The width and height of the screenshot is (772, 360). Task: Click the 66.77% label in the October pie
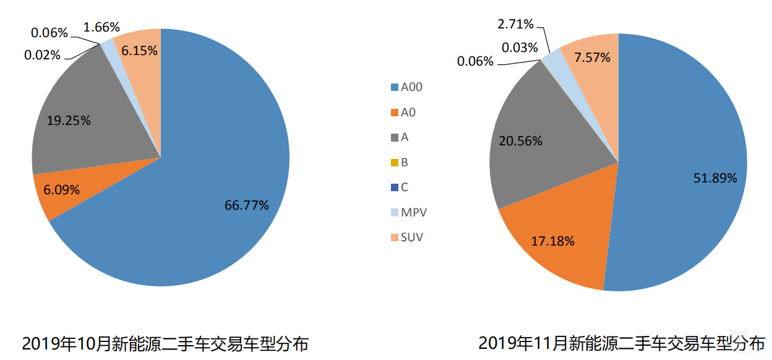(246, 205)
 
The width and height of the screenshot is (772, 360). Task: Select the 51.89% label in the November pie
(715, 178)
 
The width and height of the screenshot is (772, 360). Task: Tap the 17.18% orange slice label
(552, 241)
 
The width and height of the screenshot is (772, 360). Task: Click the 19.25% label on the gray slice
(69, 121)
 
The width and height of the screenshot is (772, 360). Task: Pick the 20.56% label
(520, 141)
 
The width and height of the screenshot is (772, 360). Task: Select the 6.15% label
(139, 51)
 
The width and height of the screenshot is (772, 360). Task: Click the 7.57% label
(592, 58)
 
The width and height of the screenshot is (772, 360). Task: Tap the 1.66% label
(101, 27)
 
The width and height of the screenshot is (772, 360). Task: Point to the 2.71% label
(515, 24)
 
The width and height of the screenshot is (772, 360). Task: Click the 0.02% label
(43, 55)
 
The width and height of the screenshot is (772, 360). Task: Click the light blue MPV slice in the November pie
(553, 58)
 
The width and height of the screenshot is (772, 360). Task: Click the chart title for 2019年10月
(165, 344)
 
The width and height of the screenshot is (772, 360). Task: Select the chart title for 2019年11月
(621, 343)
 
